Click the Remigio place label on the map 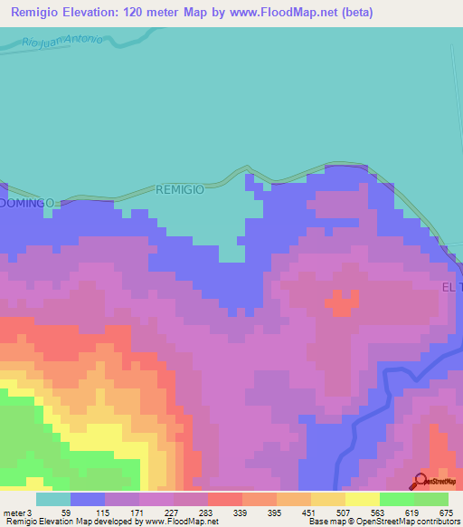coord(180,189)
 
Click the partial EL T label coord(451,286)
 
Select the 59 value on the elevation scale coord(66,513)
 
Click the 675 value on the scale coord(444,513)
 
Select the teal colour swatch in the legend coord(52,499)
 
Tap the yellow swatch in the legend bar coord(362,499)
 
